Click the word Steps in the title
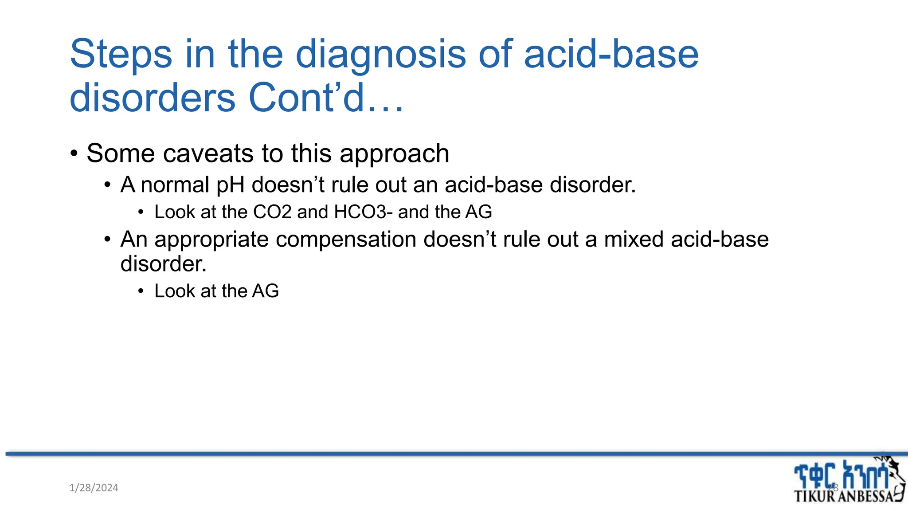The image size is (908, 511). (121, 54)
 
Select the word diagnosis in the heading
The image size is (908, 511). (381, 54)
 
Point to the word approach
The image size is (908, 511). (394, 153)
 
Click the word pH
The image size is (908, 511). (230, 185)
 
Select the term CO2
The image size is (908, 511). (272, 212)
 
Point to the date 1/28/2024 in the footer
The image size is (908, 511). (94, 488)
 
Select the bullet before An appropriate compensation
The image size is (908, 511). (107, 240)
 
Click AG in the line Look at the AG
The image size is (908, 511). (265, 291)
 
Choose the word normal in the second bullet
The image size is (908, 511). (175, 185)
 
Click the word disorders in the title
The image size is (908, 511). (153, 98)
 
